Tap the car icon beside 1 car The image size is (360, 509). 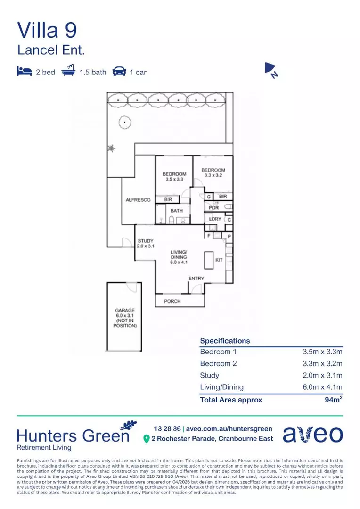pos(119,72)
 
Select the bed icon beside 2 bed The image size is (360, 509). pos(24,72)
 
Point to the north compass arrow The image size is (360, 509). pos(270,70)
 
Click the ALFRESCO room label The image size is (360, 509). pos(138,200)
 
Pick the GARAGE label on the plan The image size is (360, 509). pos(125,311)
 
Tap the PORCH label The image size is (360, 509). pos(172,301)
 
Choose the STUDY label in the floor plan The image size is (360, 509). pos(146,241)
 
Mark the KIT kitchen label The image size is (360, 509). pos(219,260)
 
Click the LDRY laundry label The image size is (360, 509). pos(215,219)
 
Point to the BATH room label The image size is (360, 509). pos(177,211)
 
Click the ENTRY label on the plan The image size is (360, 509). pos(196,279)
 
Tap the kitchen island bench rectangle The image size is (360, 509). pos(208,260)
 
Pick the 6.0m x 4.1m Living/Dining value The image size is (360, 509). pos(322,387)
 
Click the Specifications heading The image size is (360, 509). pos(225,341)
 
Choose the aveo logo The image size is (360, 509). pos(313,435)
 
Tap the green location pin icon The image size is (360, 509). pos(146,439)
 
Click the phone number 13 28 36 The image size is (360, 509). pos(167,428)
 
